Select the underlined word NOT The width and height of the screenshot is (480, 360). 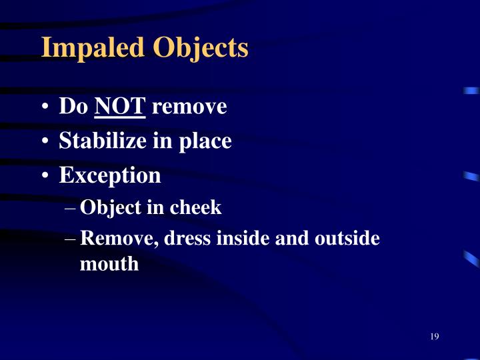pyautogui.click(x=120, y=106)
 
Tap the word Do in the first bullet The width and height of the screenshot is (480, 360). pyautogui.click(x=73, y=106)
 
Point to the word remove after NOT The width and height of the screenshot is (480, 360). pyautogui.click(x=189, y=106)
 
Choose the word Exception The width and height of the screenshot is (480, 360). pyautogui.click(x=110, y=175)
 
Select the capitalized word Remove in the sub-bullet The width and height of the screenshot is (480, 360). pyautogui.click(x=117, y=239)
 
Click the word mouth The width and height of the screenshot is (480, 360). pyautogui.click(x=109, y=264)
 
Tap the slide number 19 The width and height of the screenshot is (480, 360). pyautogui.click(x=434, y=336)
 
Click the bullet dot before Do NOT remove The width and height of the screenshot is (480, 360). pyautogui.click(x=45, y=107)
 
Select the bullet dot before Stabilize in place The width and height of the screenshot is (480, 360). pyautogui.click(x=45, y=142)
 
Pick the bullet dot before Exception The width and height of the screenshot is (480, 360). pyautogui.click(x=45, y=177)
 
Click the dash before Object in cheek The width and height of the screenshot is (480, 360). pyautogui.click(x=71, y=209)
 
